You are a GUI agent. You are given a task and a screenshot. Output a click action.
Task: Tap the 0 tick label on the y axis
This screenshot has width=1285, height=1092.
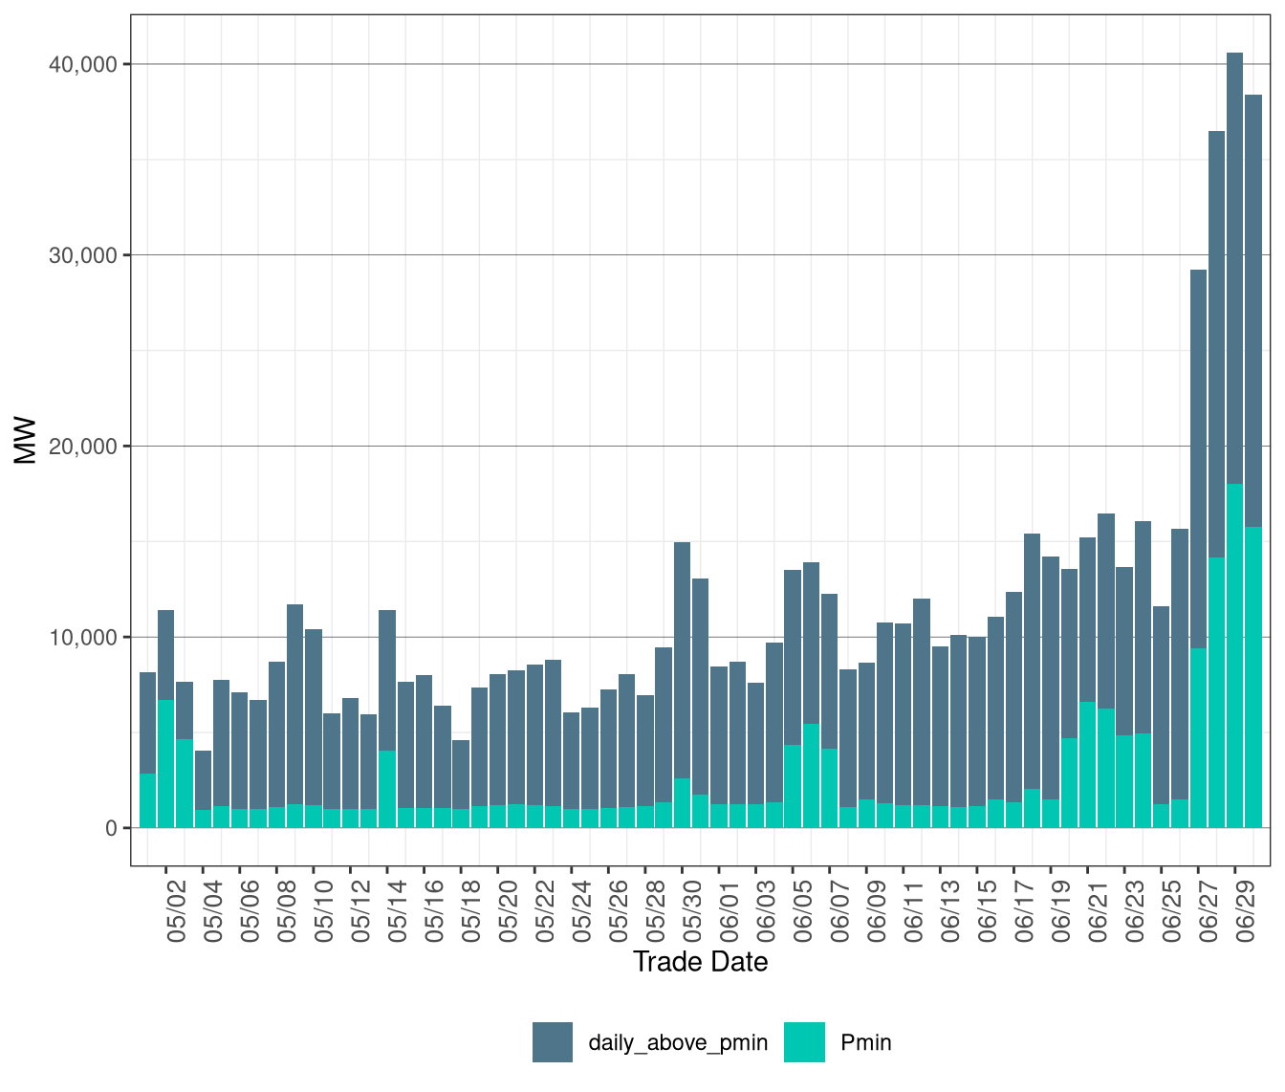click(x=111, y=828)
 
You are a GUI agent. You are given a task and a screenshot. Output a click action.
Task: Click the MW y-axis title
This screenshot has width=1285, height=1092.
click(x=26, y=441)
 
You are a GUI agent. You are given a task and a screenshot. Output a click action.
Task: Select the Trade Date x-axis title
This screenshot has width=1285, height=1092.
click(x=700, y=962)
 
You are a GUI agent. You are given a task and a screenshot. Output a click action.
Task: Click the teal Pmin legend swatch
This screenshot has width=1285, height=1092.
click(x=804, y=1042)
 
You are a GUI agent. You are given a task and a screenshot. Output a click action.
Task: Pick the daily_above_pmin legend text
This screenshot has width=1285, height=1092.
click(x=678, y=1042)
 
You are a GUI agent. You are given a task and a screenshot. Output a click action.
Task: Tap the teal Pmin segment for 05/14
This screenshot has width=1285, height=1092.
click(x=387, y=789)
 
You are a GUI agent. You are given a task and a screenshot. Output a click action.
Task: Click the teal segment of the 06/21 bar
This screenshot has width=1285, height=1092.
click(x=1088, y=765)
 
